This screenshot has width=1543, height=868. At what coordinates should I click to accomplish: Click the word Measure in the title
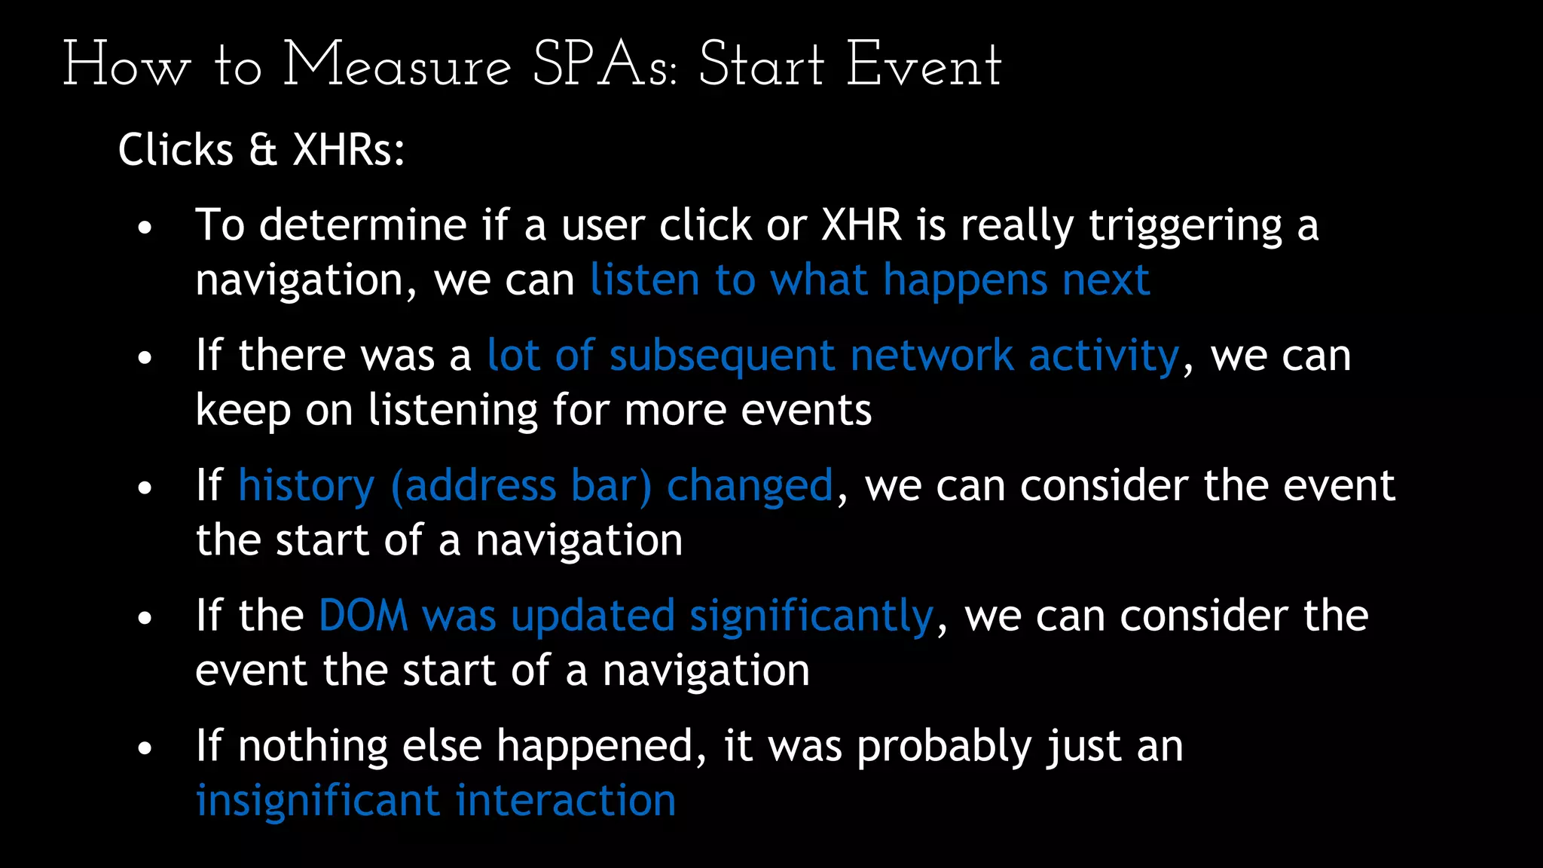[397, 66]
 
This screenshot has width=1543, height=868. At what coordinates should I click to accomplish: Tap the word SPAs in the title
[605, 66]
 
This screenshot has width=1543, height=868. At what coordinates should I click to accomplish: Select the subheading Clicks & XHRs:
[261, 149]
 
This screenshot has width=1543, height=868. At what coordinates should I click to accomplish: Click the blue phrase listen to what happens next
[869, 280]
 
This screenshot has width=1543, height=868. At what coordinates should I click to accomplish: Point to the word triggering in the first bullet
[1185, 225]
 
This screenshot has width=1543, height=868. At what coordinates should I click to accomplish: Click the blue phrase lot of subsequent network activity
[833, 356]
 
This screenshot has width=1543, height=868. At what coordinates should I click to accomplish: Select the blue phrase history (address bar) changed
[536, 485]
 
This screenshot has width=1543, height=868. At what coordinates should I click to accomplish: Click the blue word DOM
[363, 616]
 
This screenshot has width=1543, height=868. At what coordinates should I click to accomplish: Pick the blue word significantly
[811, 616]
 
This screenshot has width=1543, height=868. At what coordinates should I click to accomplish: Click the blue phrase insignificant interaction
[435, 800]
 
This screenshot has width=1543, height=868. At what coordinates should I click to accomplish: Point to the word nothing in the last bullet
[313, 746]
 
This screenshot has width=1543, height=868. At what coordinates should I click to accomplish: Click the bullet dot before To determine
[145, 228]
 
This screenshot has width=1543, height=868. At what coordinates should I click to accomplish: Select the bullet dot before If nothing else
[145, 748]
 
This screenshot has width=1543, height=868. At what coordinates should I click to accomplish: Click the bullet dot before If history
[145, 488]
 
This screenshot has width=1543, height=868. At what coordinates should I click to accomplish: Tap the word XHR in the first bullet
[861, 225]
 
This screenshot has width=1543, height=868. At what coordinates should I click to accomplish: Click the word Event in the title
[924, 66]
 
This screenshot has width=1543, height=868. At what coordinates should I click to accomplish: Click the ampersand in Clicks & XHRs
[263, 149]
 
